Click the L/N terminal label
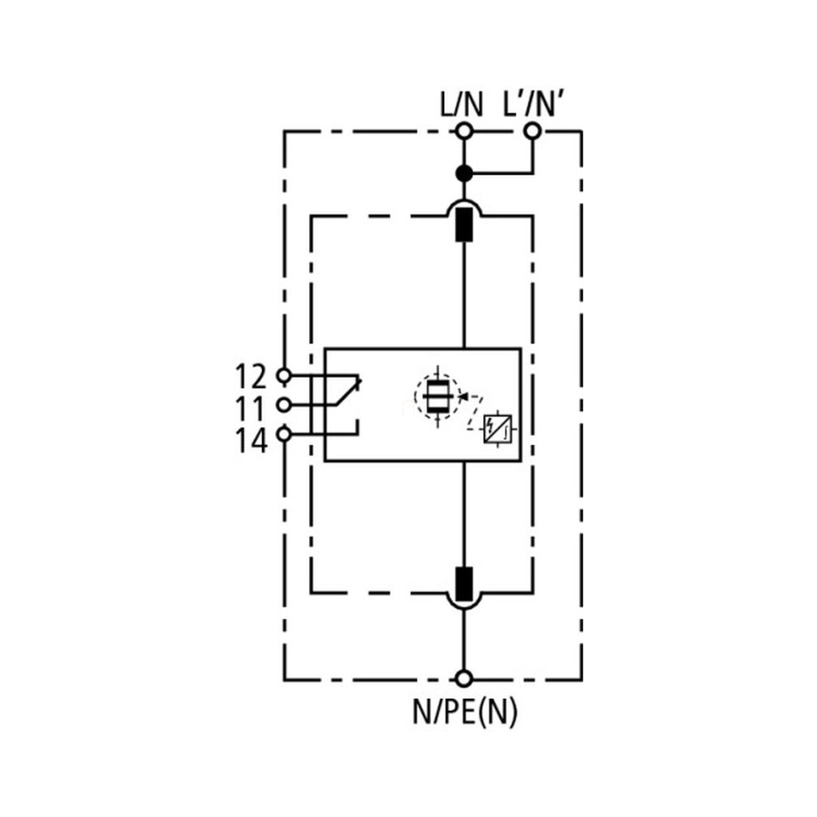[462, 104]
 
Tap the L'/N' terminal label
[534, 104]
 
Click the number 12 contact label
[251, 376]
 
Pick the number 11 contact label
[251, 408]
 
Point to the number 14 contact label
[251, 441]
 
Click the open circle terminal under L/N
[464, 131]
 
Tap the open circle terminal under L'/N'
[532, 131]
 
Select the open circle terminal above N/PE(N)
[464, 679]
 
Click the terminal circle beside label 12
[283, 375]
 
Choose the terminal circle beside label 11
[283, 404]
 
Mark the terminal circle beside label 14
[283, 434]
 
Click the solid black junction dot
[464, 173]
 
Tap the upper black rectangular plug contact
[464, 225]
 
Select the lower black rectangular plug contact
[464, 585]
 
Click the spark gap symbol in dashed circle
[437, 397]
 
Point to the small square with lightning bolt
[498, 430]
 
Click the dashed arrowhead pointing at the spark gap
[463, 397]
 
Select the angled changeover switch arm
[346, 392]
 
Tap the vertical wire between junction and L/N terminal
[464, 152]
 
